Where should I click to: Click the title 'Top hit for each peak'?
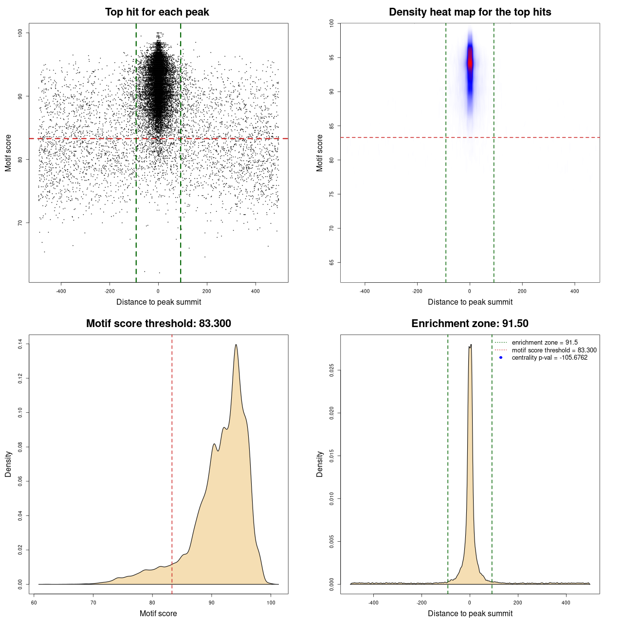click(157, 12)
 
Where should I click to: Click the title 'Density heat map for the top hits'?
click(470, 12)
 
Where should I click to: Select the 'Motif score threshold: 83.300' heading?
click(158, 324)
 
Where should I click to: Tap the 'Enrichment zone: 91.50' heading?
click(470, 324)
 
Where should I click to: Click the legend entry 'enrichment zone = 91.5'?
click(545, 343)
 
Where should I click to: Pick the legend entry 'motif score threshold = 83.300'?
click(554, 350)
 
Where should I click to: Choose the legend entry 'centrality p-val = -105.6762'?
click(550, 358)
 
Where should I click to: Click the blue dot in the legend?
click(501, 358)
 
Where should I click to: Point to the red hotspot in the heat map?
click(470, 62)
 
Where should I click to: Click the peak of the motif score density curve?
click(236, 345)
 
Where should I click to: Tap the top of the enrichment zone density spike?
click(470, 345)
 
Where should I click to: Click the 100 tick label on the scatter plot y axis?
click(20, 33)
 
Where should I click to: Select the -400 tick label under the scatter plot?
click(61, 292)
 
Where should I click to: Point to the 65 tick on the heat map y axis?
click(332, 262)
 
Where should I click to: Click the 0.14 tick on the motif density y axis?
click(20, 344)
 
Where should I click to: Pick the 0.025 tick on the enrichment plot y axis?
click(332, 370)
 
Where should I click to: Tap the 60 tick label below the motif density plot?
click(34, 603)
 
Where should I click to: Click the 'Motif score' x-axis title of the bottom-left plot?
click(158, 613)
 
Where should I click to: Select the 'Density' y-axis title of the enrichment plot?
click(320, 464)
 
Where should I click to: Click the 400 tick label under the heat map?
click(575, 292)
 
